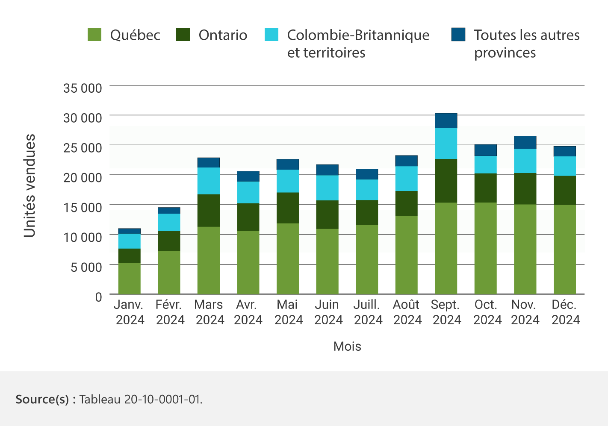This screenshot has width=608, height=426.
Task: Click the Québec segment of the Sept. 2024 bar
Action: click(446, 248)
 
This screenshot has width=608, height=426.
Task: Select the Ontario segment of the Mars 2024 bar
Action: click(209, 210)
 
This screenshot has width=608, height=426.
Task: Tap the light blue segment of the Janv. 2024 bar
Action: click(130, 241)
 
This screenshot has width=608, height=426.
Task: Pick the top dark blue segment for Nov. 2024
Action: click(525, 142)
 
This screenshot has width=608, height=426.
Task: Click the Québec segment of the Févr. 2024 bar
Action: click(169, 272)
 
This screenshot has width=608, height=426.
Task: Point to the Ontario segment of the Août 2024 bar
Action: click(406, 203)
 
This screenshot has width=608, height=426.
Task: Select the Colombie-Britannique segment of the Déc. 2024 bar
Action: click(564, 166)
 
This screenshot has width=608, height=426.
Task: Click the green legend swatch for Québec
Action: click(94, 35)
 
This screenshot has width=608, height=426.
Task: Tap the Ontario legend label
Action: click(223, 35)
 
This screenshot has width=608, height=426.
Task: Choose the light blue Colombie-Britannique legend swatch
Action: click(272, 35)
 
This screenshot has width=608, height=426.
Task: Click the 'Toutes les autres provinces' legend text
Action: click(526, 44)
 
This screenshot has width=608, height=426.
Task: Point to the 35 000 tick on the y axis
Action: click(83, 88)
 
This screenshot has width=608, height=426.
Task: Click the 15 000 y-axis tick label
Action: click(83, 207)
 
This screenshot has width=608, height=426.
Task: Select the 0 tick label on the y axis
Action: click(98, 297)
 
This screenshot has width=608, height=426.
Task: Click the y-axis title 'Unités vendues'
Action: click(30, 185)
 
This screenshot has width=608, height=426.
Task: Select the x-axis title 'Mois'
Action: click(347, 346)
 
